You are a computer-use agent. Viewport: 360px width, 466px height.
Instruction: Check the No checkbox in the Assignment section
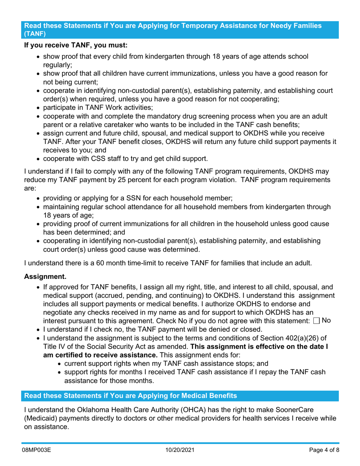pos(316,321)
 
